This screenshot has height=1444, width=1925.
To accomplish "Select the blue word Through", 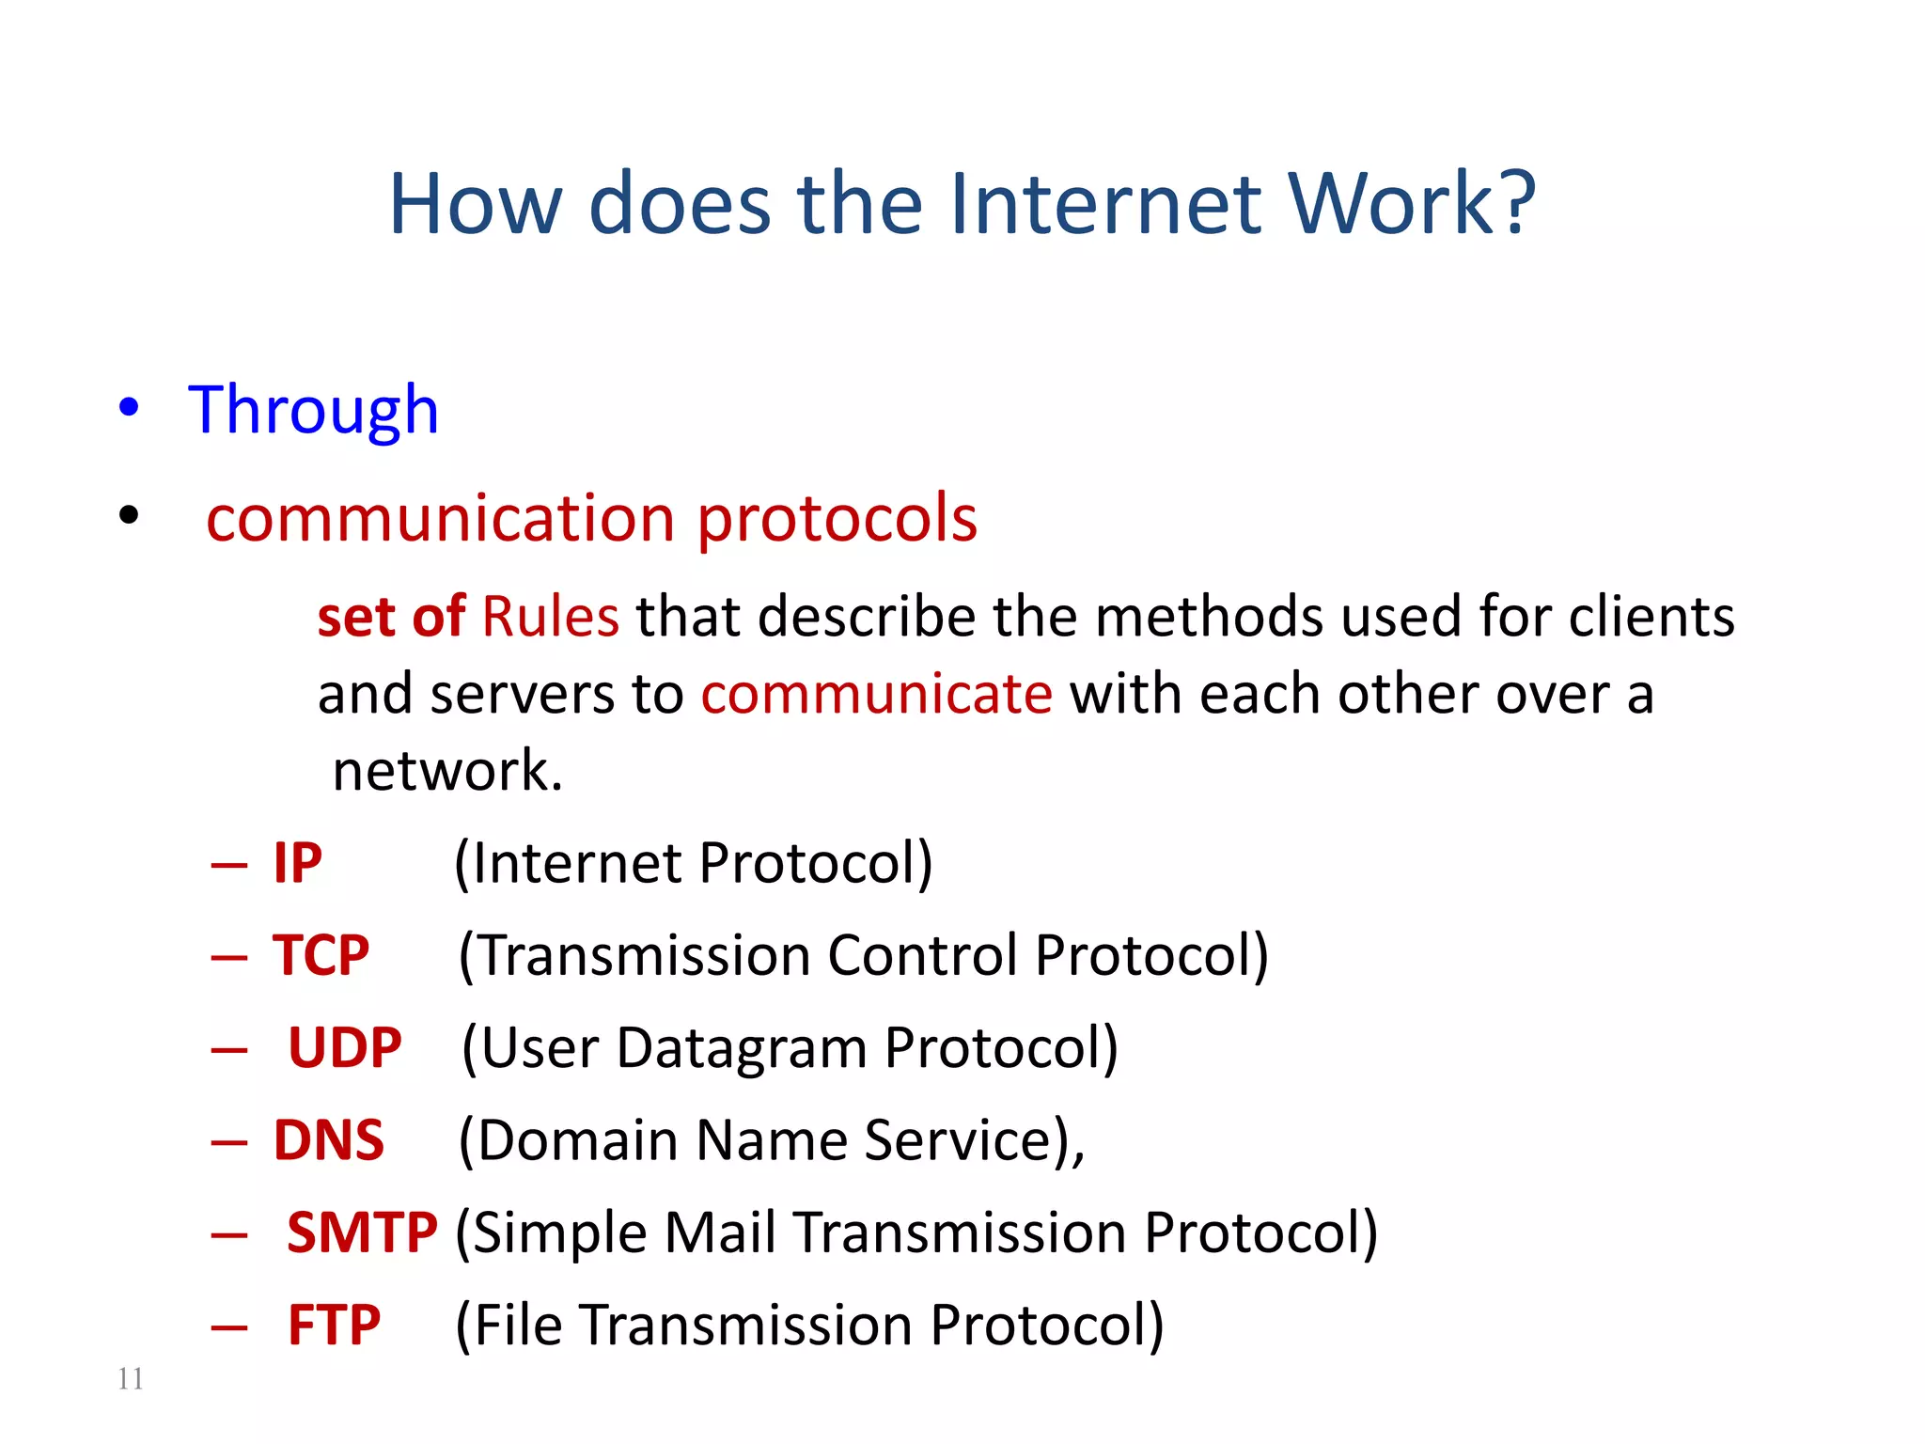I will [x=313, y=410].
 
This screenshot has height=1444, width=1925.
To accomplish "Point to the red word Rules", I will [x=550, y=618].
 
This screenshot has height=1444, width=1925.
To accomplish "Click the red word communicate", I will [x=876, y=695].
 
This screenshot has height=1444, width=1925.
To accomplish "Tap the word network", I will [x=447, y=772].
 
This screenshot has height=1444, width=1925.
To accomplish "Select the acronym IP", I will [x=297, y=863].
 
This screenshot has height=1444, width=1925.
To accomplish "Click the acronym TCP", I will [x=321, y=955].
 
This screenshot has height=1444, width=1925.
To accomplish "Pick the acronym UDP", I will [x=344, y=1047].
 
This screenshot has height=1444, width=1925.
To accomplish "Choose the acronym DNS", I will [x=328, y=1140].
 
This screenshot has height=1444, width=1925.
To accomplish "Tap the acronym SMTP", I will [x=362, y=1232].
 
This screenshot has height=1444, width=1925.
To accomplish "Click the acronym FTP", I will [x=334, y=1326].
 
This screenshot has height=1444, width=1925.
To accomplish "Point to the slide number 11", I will [x=131, y=1378].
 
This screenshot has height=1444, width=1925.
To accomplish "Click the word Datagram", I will [x=742, y=1049].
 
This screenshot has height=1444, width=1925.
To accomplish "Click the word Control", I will [x=922, y=955].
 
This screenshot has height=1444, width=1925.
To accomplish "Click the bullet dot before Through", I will [x=129, y=408].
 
